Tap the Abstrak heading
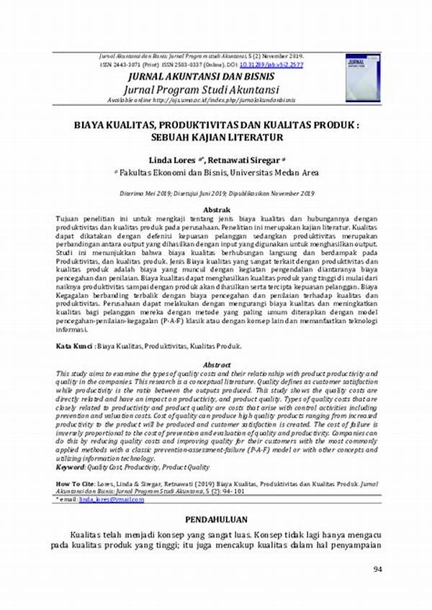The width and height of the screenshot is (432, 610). (217, 209)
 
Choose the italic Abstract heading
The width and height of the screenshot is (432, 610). (217, 365)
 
